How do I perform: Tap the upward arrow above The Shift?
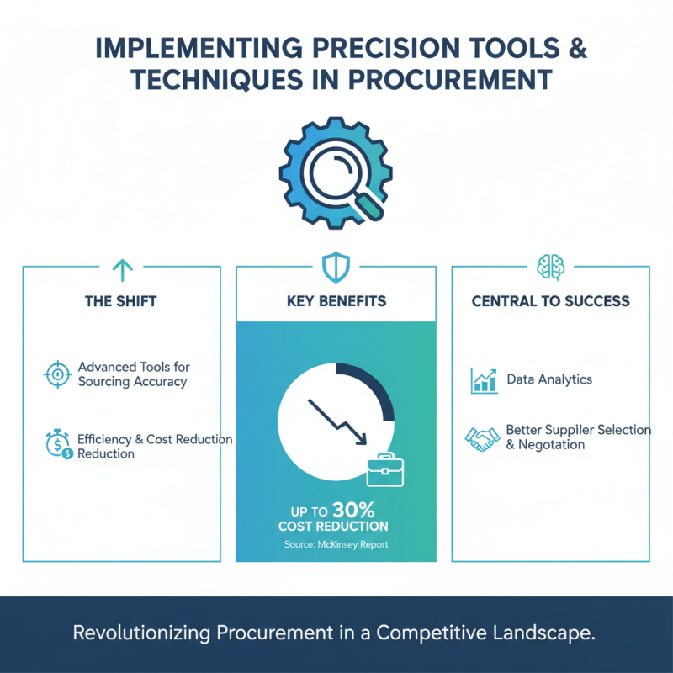pyautogui.click(x=123, y=269)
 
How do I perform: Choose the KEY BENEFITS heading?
pyautogui.click(x=336, y=301)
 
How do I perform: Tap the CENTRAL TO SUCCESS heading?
pyautogui.click(x=550, y=301)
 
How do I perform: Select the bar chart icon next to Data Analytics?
pyautogui.click(x=484, y=379)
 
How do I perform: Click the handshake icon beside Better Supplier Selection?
pyautogui.click(x=483, y=437)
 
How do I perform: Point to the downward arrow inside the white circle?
pyautogui.click(x=336, y=421)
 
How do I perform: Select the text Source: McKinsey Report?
pyautogui.click(x=336, y=545)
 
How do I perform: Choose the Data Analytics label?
pyautogui.click(x=549, y=379)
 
